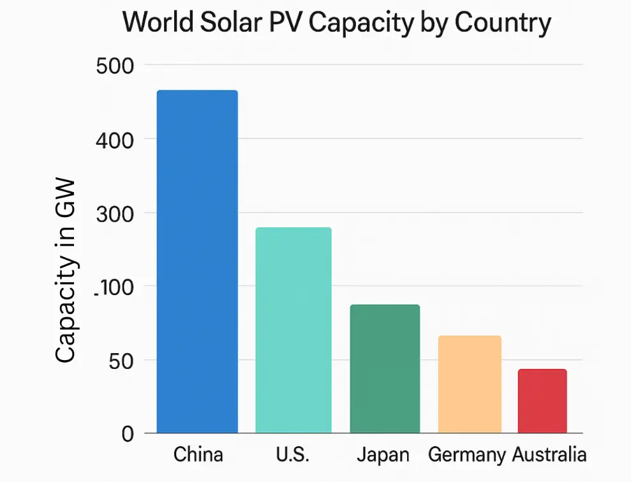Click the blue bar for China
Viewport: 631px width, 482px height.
[197, 262]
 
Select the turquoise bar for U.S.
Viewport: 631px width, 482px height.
[293, 330]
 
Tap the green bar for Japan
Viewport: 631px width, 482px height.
[385, 369]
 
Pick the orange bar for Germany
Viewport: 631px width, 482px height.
[470, 384]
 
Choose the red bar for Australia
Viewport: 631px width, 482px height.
[542, 401]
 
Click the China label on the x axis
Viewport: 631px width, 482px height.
[198, 455]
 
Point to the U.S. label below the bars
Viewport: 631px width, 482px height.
[293, 455]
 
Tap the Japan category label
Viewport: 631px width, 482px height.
[383, 455]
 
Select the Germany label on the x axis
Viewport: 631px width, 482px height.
[467, 455]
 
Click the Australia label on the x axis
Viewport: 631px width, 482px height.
[549, 455]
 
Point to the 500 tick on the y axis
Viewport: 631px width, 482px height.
[115, 65]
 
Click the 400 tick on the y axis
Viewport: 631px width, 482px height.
[115, 139]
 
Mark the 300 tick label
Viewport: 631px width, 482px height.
[115, 213]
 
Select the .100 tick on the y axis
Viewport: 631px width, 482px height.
[114, 287]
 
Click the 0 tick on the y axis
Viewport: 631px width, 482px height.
[128, 434]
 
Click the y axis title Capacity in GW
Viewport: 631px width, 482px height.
[66, 271]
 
